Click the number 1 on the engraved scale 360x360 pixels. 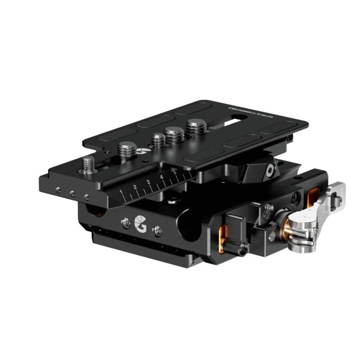[122, 193]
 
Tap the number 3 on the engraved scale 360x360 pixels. [148, 182]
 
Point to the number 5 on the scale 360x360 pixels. [174, 172]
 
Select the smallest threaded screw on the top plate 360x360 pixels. [158, 140]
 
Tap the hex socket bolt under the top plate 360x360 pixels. [271, 171]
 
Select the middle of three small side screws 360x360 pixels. [71, 193]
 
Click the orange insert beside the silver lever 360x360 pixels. [313, 196]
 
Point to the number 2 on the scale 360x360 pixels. [135, 188]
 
